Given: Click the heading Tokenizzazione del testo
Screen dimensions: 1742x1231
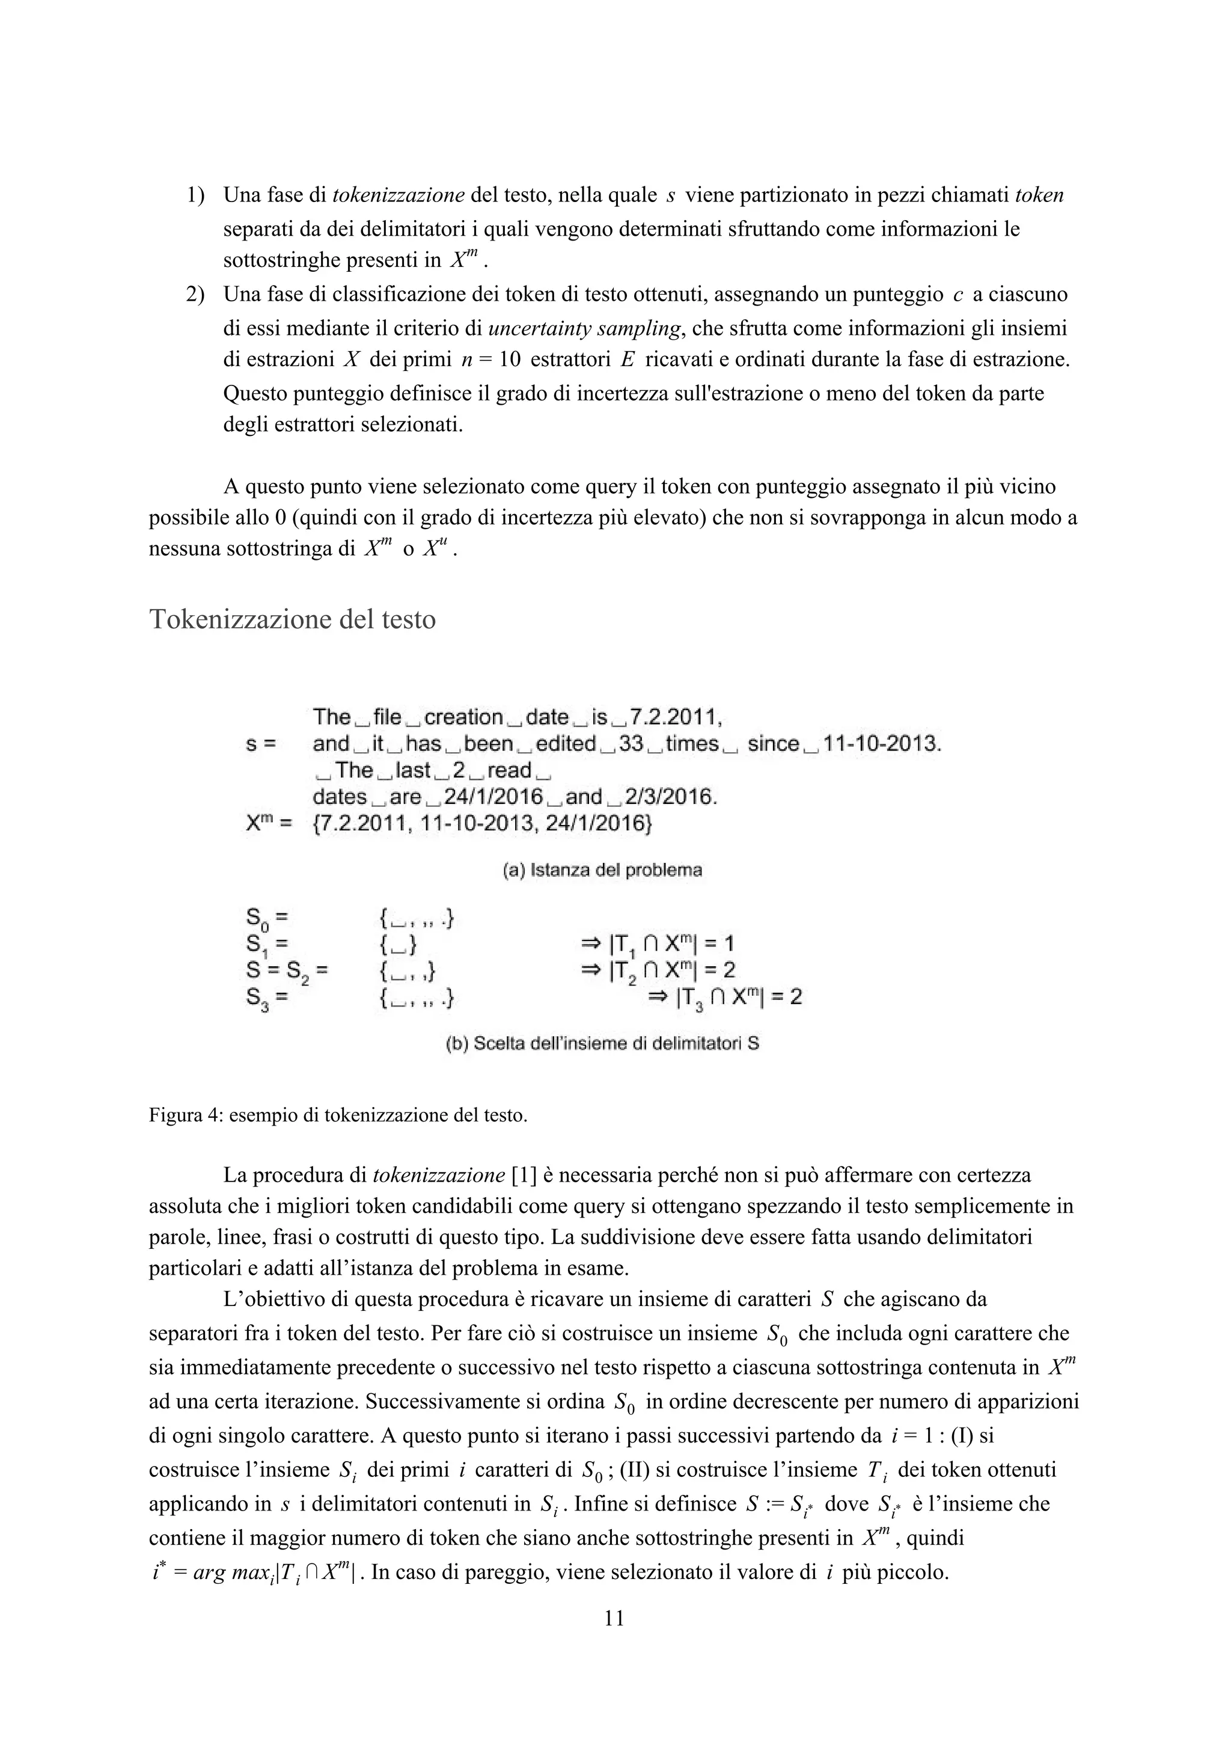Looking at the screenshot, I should [x=292, y=620].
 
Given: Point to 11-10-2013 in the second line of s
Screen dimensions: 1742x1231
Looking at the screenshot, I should [x=881, y=744].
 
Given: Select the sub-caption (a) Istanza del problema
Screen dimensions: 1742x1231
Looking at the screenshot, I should [x=602, y=870].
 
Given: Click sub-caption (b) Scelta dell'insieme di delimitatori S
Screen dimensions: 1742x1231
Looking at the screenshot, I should [x=602, y=1043].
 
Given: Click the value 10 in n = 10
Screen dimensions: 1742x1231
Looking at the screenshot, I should [x=510, y=360].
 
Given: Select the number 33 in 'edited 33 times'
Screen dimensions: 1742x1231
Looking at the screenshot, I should [x=631, y=744].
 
